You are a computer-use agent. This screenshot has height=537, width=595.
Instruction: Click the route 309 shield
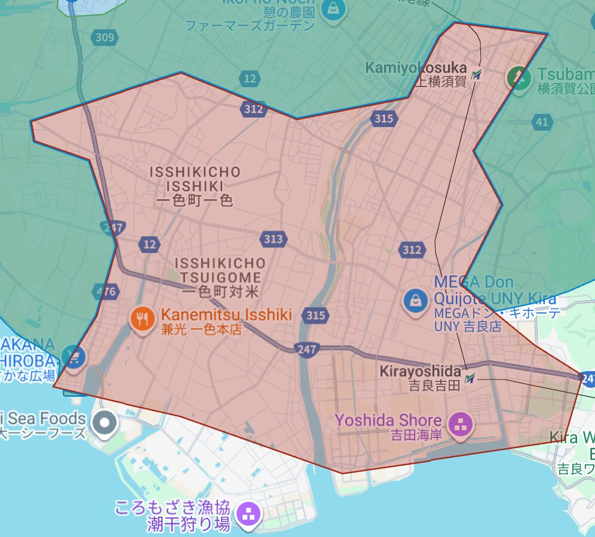point(105,38)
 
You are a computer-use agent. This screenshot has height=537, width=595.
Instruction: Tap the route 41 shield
point(541,122)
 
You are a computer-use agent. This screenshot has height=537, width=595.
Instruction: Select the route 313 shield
point(273,239)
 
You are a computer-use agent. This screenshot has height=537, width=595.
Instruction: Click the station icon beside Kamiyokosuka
point(476,75)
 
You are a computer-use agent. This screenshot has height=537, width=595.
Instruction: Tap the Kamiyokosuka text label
point(416,68)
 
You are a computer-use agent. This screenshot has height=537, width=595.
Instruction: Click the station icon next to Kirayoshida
point(471,378)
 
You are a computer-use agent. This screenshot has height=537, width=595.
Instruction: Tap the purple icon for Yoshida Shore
point(461,426)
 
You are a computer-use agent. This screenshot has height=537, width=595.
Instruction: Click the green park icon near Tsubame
point(518,78)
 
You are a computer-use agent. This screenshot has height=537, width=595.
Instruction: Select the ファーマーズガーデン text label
point(250,26)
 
